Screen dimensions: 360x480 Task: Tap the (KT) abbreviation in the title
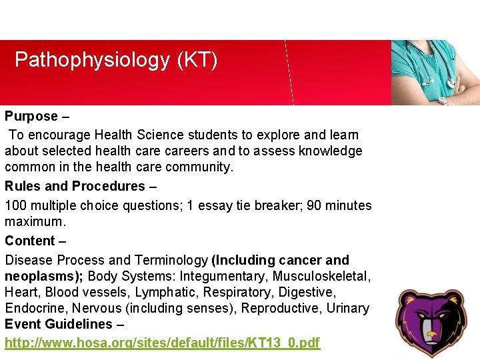point(197,61)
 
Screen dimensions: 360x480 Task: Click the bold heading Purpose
point(31,117)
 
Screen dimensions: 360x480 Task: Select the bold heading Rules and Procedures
point(75,186)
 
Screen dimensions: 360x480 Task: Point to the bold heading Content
point(29,241)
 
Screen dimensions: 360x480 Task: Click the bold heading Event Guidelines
point(59,325)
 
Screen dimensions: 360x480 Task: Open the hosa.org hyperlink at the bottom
point(162,343)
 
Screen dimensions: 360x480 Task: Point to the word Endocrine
point(31,308)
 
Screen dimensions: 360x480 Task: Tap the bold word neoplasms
point(41,276)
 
